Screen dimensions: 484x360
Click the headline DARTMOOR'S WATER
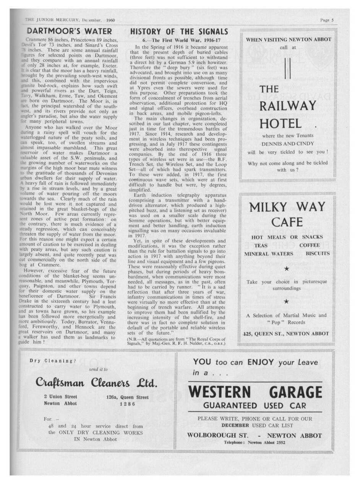pos(70,31)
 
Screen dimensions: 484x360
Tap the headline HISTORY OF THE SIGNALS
pos(179,31)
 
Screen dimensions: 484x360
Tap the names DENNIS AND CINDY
pos(287,144)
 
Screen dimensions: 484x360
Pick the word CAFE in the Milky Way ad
pos(287,222)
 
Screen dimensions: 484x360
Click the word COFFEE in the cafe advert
pos(310,245)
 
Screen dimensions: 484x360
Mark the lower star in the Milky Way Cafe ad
pos(287,301)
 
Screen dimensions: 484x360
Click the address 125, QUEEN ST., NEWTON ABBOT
pos(286,333)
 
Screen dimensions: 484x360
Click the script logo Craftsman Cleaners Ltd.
pos(96,382)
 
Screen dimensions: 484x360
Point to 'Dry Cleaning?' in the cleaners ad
pos(53,361)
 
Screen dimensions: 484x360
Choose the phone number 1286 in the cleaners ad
pos(127,403)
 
